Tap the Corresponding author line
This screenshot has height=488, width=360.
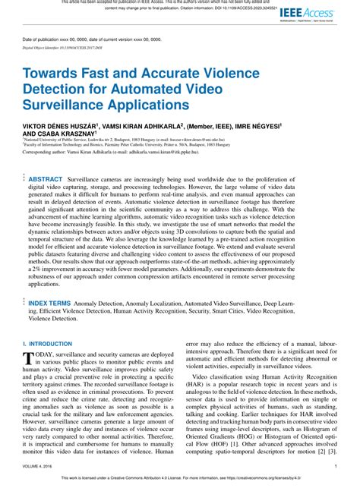114,153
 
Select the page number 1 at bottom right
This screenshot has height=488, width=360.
335,467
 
